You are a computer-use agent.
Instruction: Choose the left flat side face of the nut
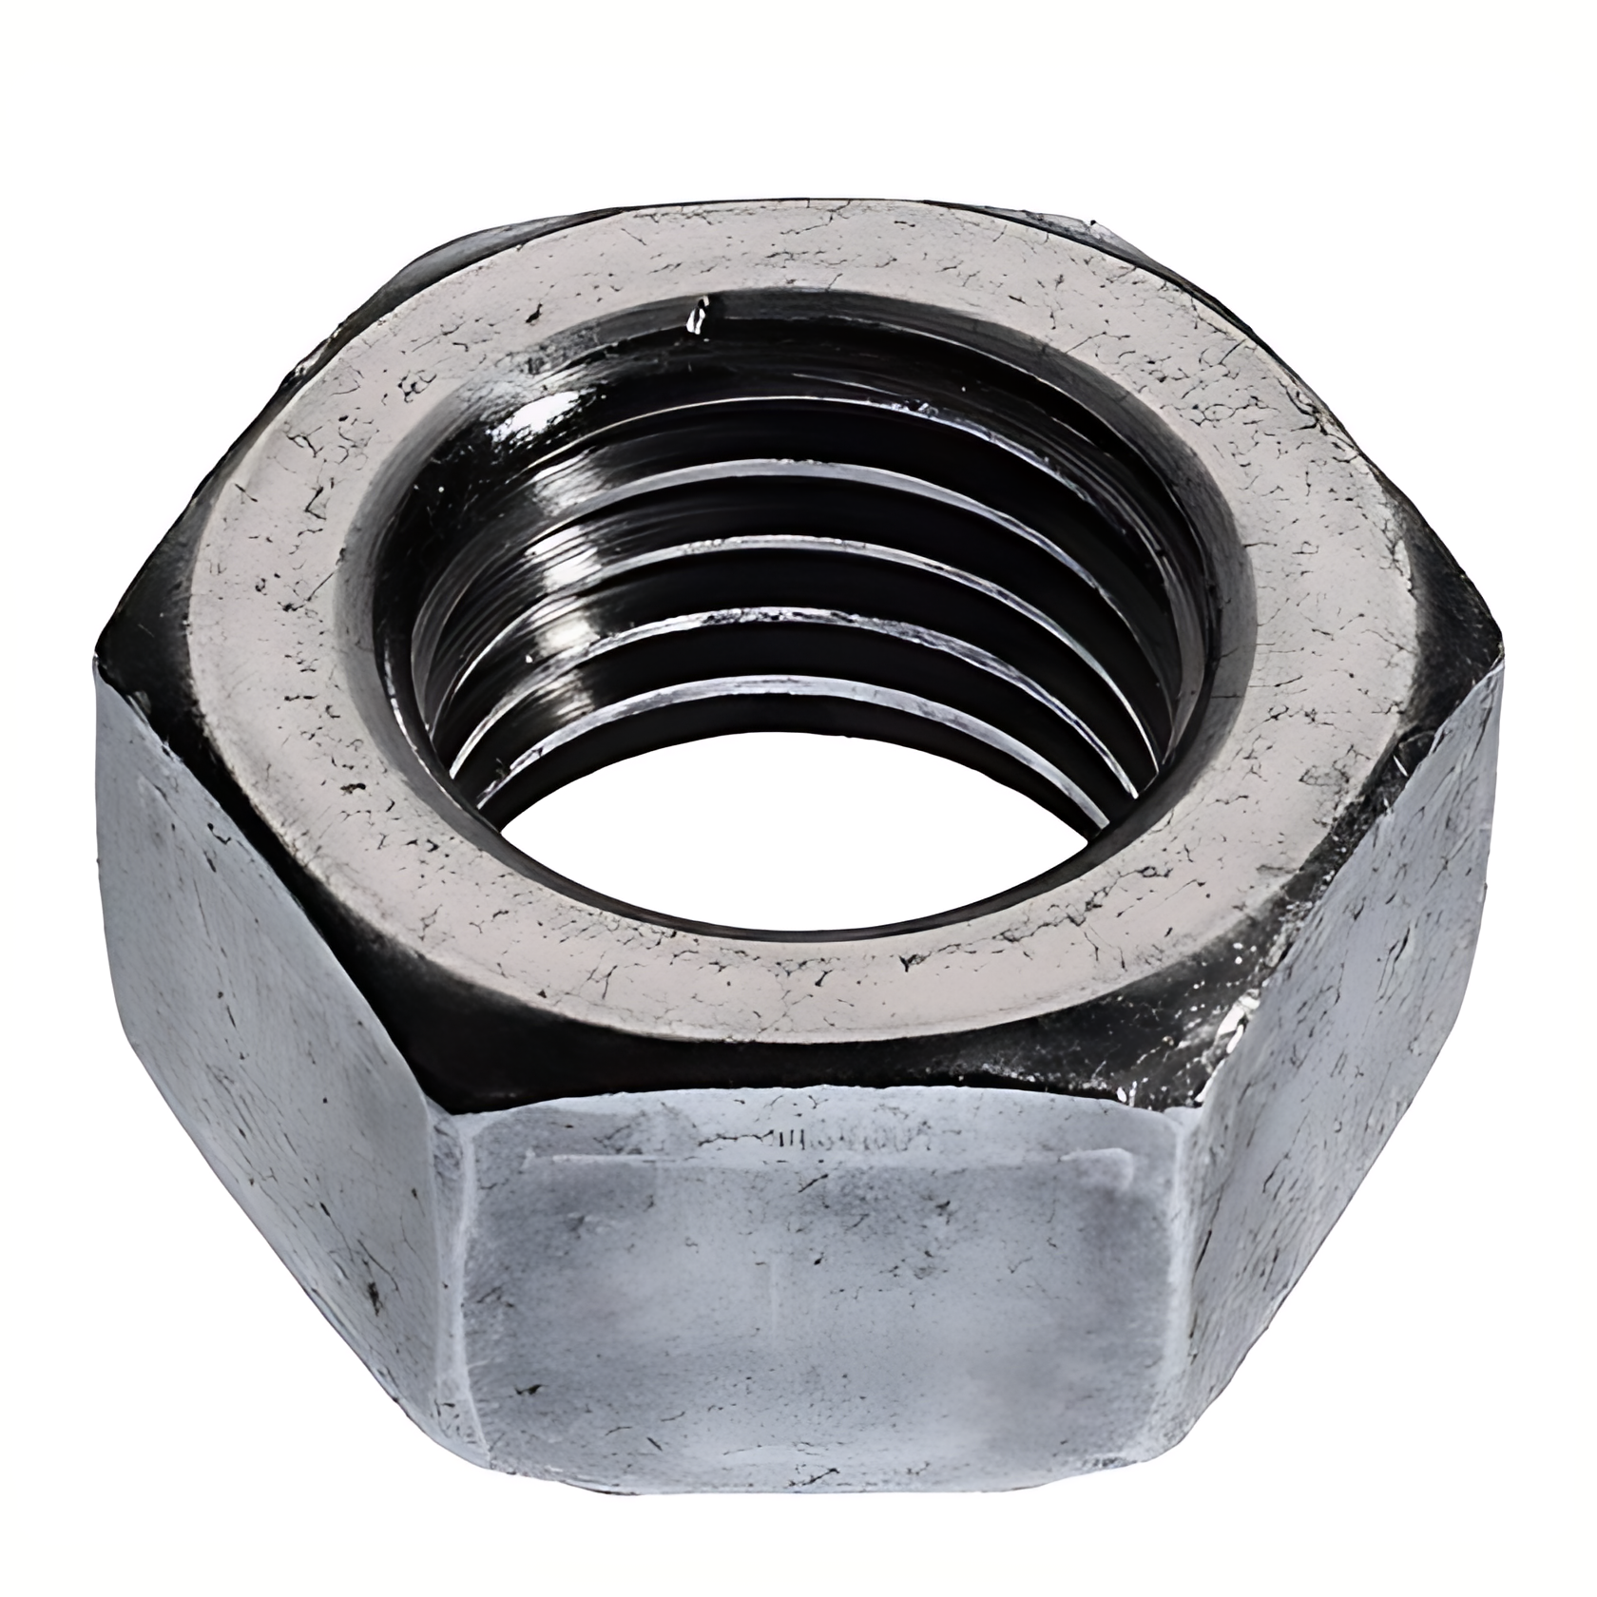[x=257, y=998]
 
